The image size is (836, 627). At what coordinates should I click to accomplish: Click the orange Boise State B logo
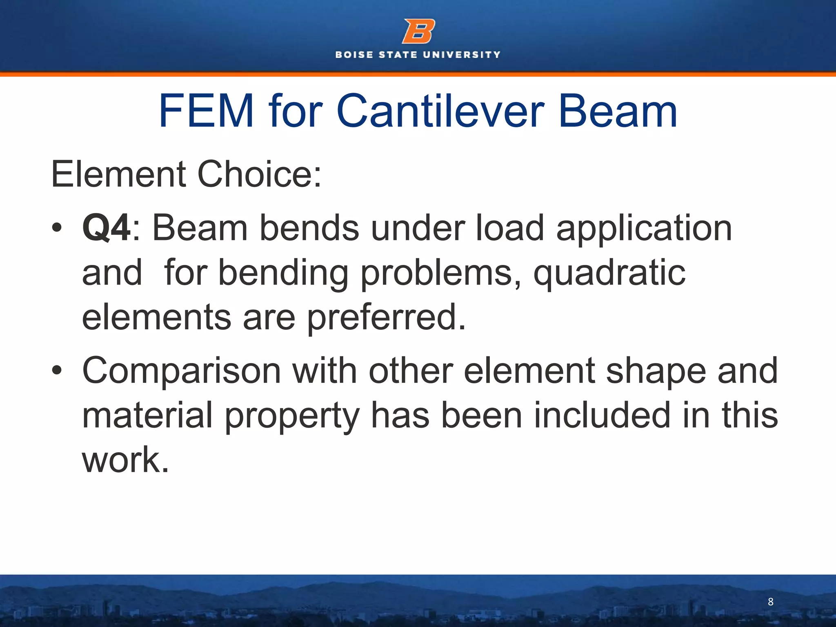[x=418, y=31]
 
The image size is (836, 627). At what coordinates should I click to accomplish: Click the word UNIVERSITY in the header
[x=462, y=55]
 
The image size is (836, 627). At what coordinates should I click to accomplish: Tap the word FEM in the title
[x=206, y=111]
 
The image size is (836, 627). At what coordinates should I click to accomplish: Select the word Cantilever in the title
[x=440, y=111]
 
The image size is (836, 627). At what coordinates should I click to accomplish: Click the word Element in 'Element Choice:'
[x=118, y=174]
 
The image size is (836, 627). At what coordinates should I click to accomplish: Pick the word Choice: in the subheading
[x=260, y=174]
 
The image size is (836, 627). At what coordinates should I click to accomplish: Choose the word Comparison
[x=182, y=371]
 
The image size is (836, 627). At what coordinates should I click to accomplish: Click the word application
[x=644, y=229]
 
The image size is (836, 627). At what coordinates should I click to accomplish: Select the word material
[x=148, y=415]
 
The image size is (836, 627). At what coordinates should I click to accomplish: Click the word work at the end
[x=125, y=460]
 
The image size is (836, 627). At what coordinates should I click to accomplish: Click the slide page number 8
[x=771, y=602]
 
